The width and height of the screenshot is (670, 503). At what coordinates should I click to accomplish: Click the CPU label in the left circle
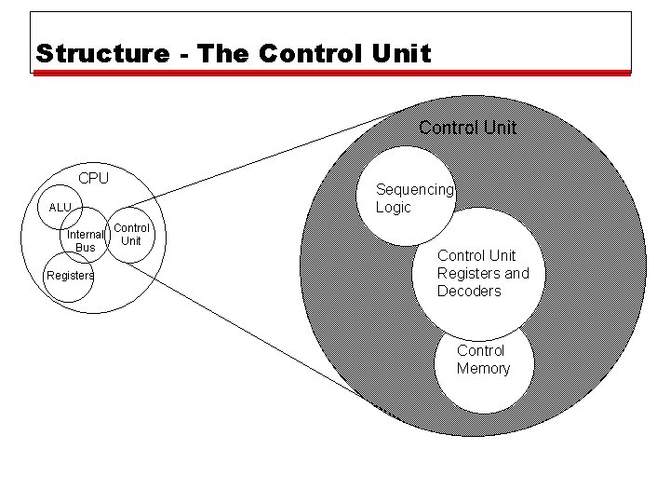coord(93,178)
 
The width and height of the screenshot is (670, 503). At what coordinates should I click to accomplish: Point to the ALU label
coord(60,207)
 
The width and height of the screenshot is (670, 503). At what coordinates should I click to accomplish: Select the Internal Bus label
coord(85,241)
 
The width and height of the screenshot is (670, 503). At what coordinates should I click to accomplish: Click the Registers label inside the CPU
coord(70,276)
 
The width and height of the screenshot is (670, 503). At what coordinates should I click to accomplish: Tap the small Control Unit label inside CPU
coord(131,234)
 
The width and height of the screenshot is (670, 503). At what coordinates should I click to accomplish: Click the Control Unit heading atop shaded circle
coord(467,127)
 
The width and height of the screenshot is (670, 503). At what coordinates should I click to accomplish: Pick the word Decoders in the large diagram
coord(469,291)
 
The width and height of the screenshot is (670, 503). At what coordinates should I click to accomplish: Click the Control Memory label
coord(482,360)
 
